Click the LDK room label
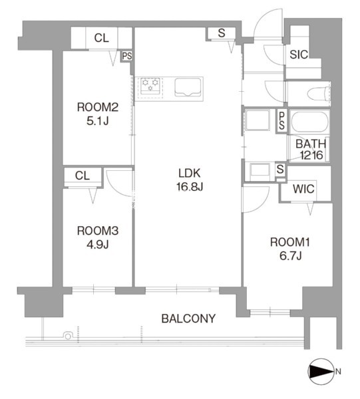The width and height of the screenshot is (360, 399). point(190,174)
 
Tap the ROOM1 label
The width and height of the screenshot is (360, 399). point(290,242)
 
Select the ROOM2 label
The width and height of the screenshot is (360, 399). point(98,107)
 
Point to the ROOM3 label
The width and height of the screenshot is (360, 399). point(98,231)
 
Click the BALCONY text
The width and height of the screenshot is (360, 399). point(189,319)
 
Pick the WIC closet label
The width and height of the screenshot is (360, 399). point(303,189)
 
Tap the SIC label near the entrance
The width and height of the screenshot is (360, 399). point(299,55)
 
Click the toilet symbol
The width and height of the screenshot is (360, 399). point(319,94)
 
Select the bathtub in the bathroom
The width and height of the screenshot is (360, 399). point(310,122)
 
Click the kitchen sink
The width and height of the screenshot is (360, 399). point(188,87)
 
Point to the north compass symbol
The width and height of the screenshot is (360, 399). point(321,371)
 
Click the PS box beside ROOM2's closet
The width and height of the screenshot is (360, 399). point(127,56)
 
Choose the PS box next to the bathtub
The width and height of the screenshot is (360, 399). point(281,121)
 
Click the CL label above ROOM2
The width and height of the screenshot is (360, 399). point(101,38)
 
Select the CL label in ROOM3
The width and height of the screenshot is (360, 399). point(83,176)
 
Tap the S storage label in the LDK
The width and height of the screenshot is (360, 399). point(222,33)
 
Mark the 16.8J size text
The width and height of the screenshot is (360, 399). point(190,187)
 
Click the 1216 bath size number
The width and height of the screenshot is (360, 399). point(311,155)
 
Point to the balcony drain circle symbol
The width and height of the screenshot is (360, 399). point(68,336)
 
